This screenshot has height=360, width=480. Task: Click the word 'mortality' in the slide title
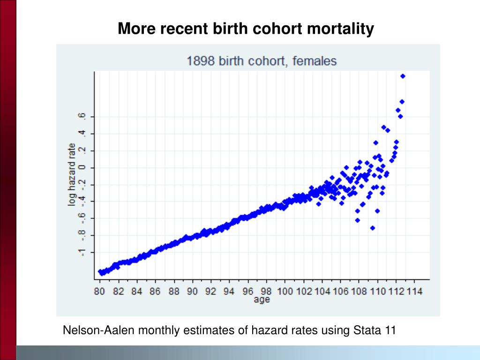[340, 29]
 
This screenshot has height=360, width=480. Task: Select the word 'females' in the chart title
[315, 61]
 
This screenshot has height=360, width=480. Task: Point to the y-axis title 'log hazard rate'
[72, 174]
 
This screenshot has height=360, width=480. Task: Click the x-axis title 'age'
[262, 299]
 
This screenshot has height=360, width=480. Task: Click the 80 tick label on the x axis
[99, 291]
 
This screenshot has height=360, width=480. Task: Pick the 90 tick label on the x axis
[192, 291]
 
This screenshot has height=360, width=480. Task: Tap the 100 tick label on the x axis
[285, 291]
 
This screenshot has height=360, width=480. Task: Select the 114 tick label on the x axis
[414, 291]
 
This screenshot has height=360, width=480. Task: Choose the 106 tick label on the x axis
[341, 291]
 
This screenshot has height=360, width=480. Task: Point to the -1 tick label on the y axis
[82, 253]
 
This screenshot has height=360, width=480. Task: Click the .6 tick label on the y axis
[82, 116]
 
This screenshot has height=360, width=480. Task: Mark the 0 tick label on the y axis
[82, 168]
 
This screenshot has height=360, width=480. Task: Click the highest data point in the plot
[403, 76]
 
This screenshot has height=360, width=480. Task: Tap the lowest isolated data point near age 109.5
[373, 228]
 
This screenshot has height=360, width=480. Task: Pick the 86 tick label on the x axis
[155, 291]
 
